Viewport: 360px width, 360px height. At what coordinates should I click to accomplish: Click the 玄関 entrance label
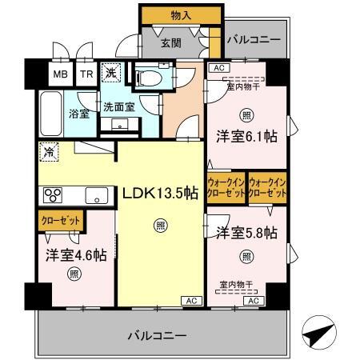pos(169,42)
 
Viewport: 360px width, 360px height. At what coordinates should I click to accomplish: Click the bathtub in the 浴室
pos(53,114)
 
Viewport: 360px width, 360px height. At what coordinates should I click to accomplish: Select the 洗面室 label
pos(118,106)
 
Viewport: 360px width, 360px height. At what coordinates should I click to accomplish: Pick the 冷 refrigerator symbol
pos(49,150)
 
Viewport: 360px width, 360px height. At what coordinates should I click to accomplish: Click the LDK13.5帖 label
pos(160,192)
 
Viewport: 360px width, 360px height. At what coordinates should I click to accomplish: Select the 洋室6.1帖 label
pos(247,137)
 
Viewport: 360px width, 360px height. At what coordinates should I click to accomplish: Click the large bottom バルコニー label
pos(158,334)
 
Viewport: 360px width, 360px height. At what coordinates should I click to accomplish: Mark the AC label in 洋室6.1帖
pos(218,69)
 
